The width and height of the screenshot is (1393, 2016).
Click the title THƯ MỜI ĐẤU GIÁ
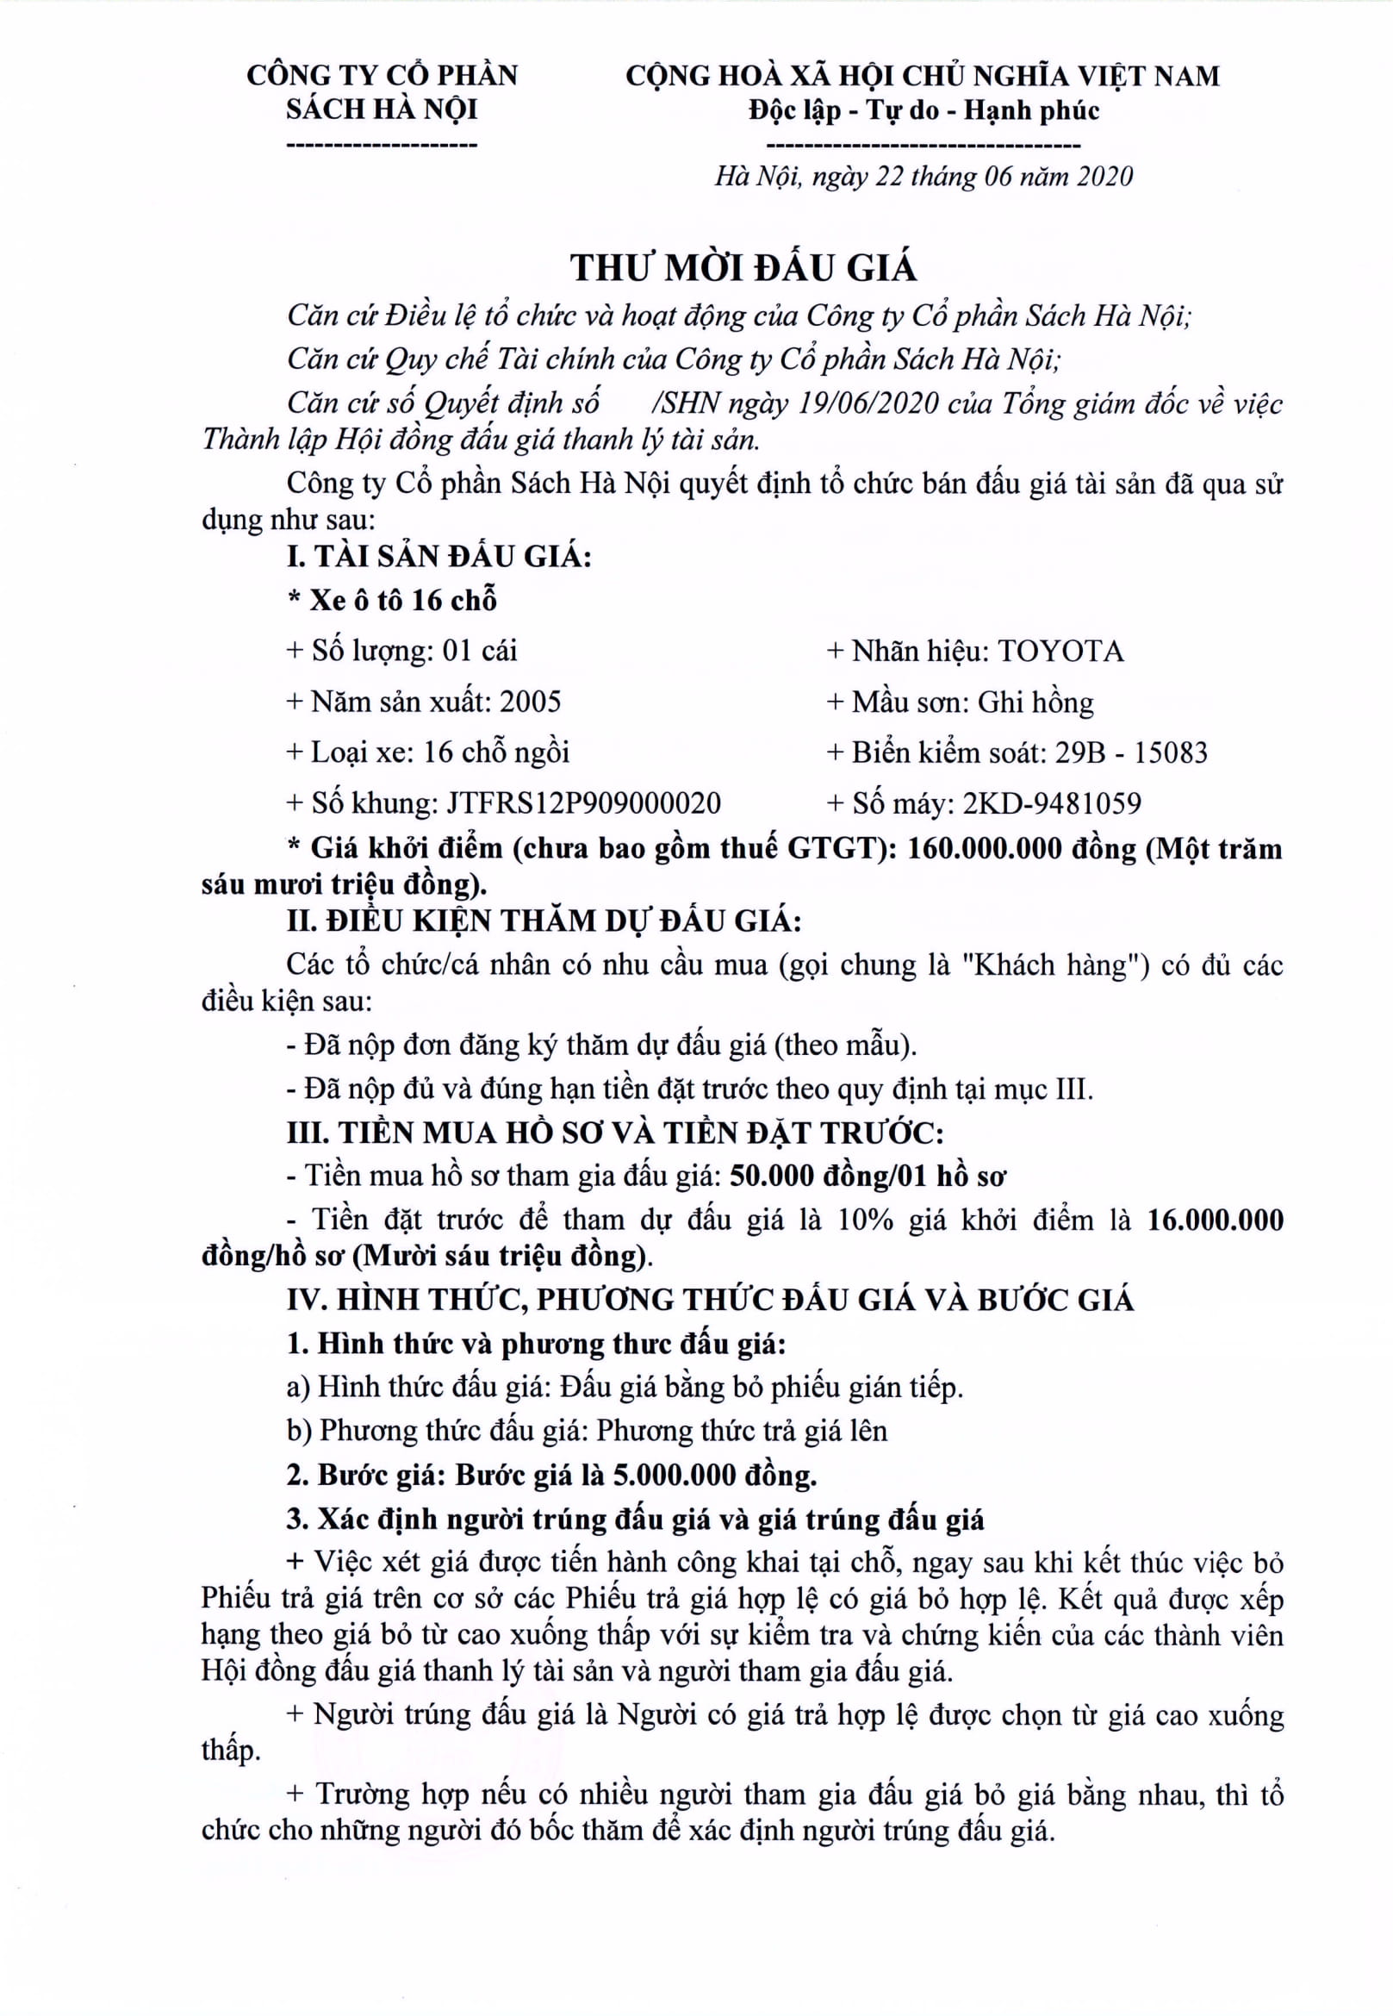(743, 267)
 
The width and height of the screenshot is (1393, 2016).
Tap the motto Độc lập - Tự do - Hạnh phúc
(923, 111)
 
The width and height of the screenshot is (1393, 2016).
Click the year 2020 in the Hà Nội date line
(1104, 178)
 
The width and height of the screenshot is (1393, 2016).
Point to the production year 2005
(531, 702)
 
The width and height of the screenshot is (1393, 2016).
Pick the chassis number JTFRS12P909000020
(584, 803)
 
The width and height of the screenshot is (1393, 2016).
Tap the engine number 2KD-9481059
(1052, 803)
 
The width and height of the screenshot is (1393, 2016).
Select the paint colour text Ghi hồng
(1035, 702)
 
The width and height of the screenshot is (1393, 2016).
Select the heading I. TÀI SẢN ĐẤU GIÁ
(439, 556)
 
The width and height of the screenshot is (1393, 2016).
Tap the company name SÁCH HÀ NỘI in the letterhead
(382, 109)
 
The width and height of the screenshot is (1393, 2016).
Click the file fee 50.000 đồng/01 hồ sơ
(868, 1177)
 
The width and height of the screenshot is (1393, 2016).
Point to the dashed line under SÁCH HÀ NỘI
(382, 143)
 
